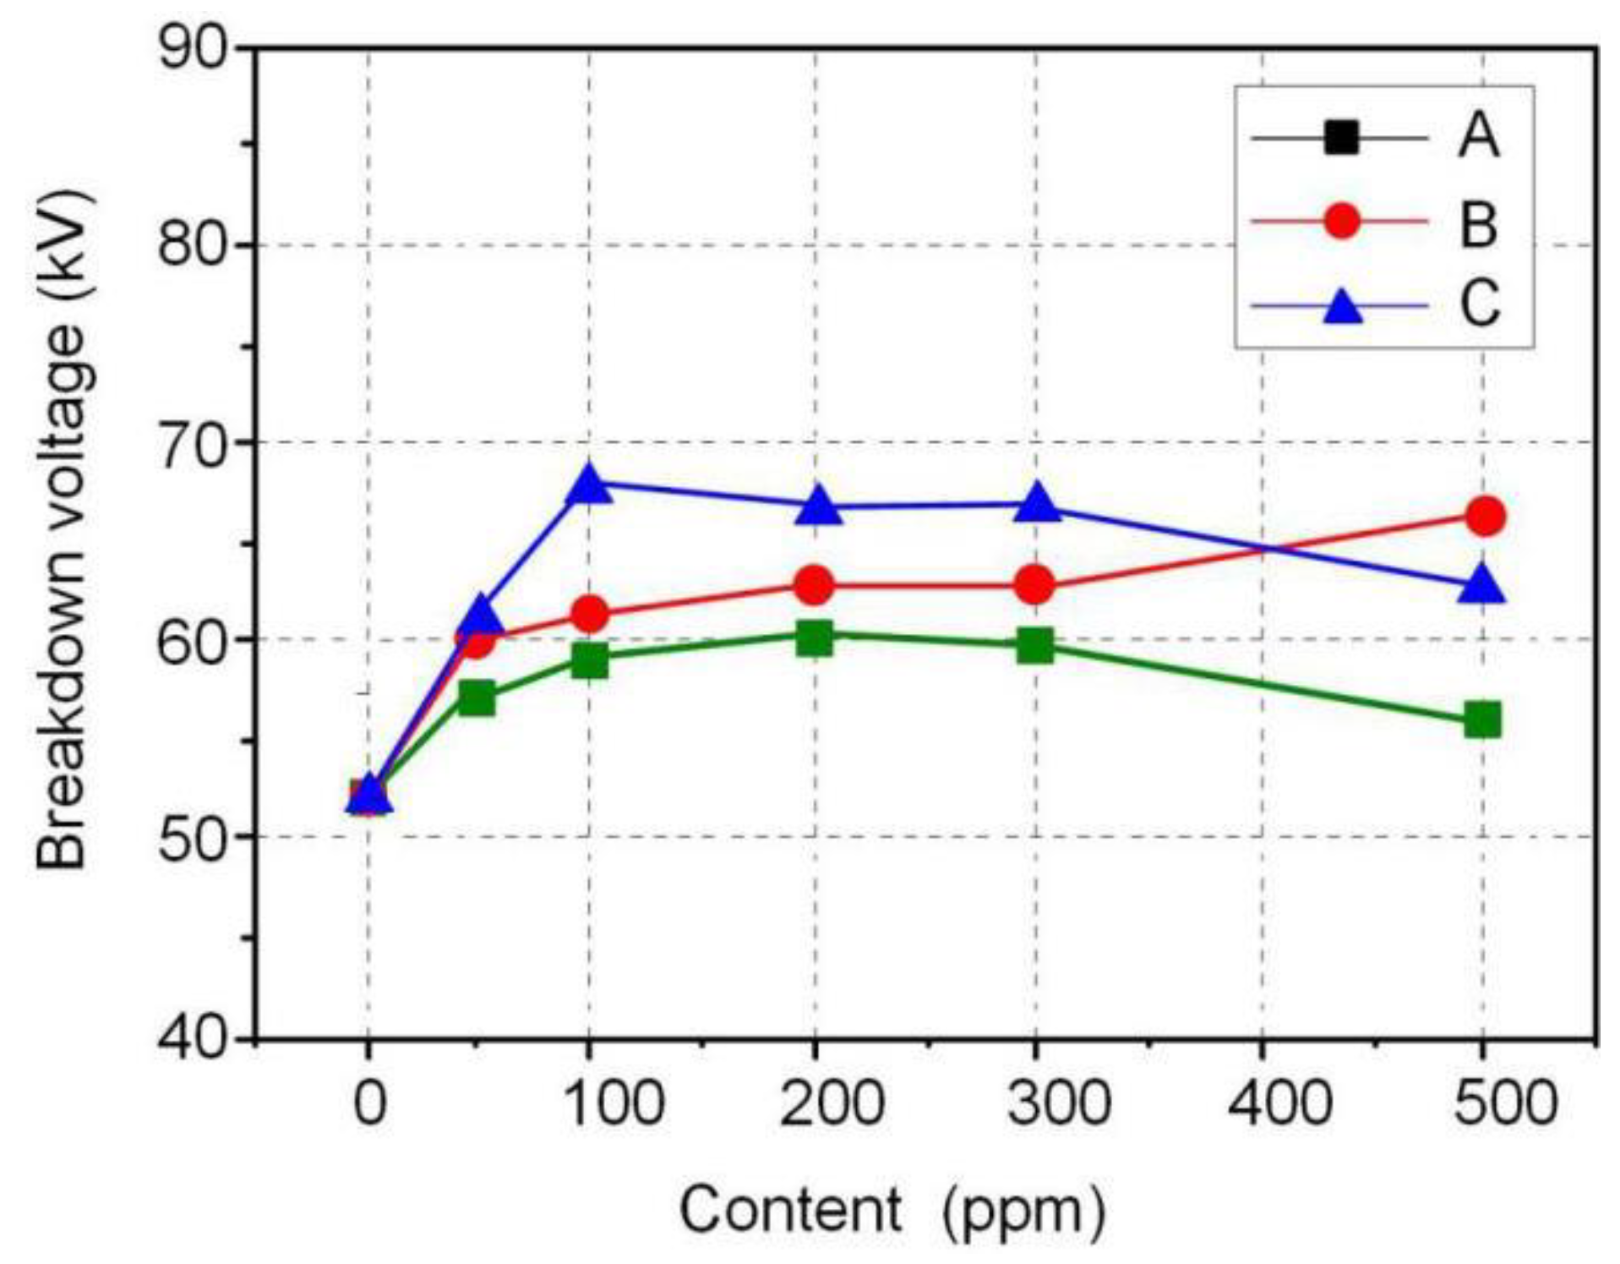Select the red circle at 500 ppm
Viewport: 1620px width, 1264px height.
1484,516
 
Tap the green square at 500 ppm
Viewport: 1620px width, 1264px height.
1482,720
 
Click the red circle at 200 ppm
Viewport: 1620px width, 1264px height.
814,585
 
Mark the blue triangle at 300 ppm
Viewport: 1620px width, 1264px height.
1037,505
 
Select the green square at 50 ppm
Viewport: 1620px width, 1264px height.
477,699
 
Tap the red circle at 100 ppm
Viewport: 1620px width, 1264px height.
589,614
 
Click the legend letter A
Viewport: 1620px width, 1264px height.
1478,137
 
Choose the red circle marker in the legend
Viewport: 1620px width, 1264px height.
1341,222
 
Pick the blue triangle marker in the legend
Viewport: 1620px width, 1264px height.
1341,305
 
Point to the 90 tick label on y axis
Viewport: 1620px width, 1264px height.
193,48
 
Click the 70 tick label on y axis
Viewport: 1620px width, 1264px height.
193,441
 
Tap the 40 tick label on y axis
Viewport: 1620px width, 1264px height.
193,1037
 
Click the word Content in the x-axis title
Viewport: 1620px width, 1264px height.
791,1209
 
